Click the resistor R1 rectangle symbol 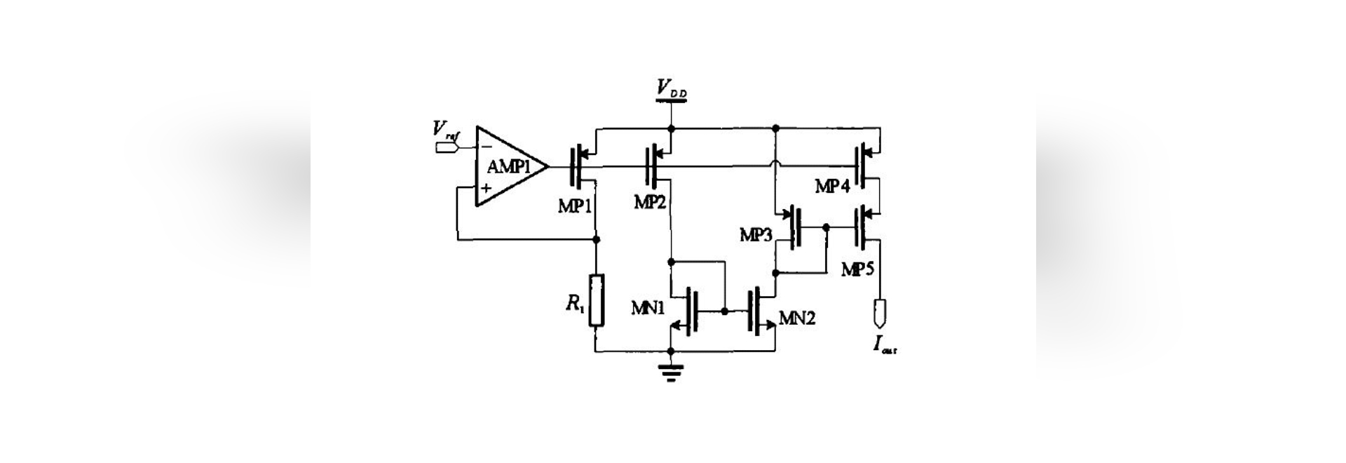click(x=596, y=301)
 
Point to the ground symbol click(x=671, y=372)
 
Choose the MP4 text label click(x=833, y=186)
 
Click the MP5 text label click(x=857, y=269)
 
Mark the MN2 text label click(x=797, y=319)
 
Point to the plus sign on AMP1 click(x=484, y=188)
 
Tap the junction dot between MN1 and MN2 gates click(x=724, y=310)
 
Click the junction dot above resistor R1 click(x=596, y=240)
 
